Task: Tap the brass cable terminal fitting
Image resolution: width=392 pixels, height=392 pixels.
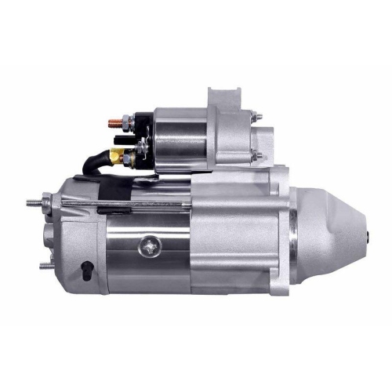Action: [117, 154]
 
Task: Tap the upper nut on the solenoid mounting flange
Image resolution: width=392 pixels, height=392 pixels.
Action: [257, 118]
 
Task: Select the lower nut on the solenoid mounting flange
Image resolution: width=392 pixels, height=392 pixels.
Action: [256, 157]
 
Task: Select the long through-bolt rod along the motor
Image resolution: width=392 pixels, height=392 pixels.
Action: [125, 205]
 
